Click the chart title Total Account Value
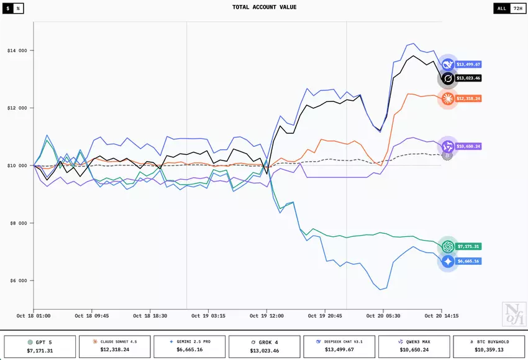(264, 7)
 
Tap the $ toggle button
(8, 8)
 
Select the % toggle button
(18, 8)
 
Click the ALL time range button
(501, 8)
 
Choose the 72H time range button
(516, 8)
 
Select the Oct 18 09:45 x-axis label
(92, 316)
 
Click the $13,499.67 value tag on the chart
(468, 64)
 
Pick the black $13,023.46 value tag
(468, 78)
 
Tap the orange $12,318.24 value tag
(468, 98)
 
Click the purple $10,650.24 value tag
(468, 146)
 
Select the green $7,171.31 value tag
(468, 246)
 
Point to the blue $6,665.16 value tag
(468, 261)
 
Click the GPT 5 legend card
(40, 346)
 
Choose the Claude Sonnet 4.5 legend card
(115, 346)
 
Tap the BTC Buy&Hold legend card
(488, 346)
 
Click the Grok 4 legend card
(264, 346)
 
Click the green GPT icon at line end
(448, 246)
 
